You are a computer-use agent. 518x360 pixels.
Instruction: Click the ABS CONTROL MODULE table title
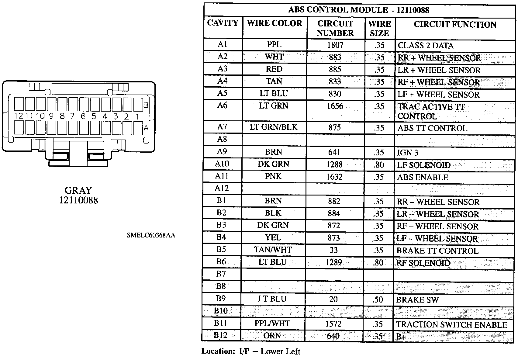point(359,10)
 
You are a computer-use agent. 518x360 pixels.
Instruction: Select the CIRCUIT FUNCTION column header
point(455,25)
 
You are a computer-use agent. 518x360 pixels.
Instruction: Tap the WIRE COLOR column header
point(275,23)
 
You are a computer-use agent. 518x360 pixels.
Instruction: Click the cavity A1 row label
point(223,44)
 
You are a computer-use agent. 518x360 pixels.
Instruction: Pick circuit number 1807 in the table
point(335,45)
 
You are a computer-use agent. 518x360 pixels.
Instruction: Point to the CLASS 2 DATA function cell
point(426,46)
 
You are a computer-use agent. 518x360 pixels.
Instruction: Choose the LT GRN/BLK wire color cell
point(274,127)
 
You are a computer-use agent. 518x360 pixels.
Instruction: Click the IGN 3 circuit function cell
point(408,153)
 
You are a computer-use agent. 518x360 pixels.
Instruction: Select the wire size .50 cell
point(378,299)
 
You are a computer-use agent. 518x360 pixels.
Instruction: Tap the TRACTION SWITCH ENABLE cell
point(452,325)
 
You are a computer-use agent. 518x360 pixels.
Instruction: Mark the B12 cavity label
point(220,335)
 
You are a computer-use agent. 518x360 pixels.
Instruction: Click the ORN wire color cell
point(272,336)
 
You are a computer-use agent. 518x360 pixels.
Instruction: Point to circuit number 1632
point(334,177)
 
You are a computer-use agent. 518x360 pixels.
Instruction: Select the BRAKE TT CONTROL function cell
point(437,251)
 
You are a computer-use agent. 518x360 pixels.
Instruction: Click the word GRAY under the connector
point(78,190)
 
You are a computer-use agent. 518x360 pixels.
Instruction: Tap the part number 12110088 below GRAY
point(78,200)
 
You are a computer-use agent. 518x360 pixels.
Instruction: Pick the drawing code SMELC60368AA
point(151,235)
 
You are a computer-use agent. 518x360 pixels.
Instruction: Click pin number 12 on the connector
point(19,116)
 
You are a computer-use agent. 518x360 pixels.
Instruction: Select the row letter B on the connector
point(146,105)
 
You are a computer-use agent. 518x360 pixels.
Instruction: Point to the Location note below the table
point(251,351)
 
